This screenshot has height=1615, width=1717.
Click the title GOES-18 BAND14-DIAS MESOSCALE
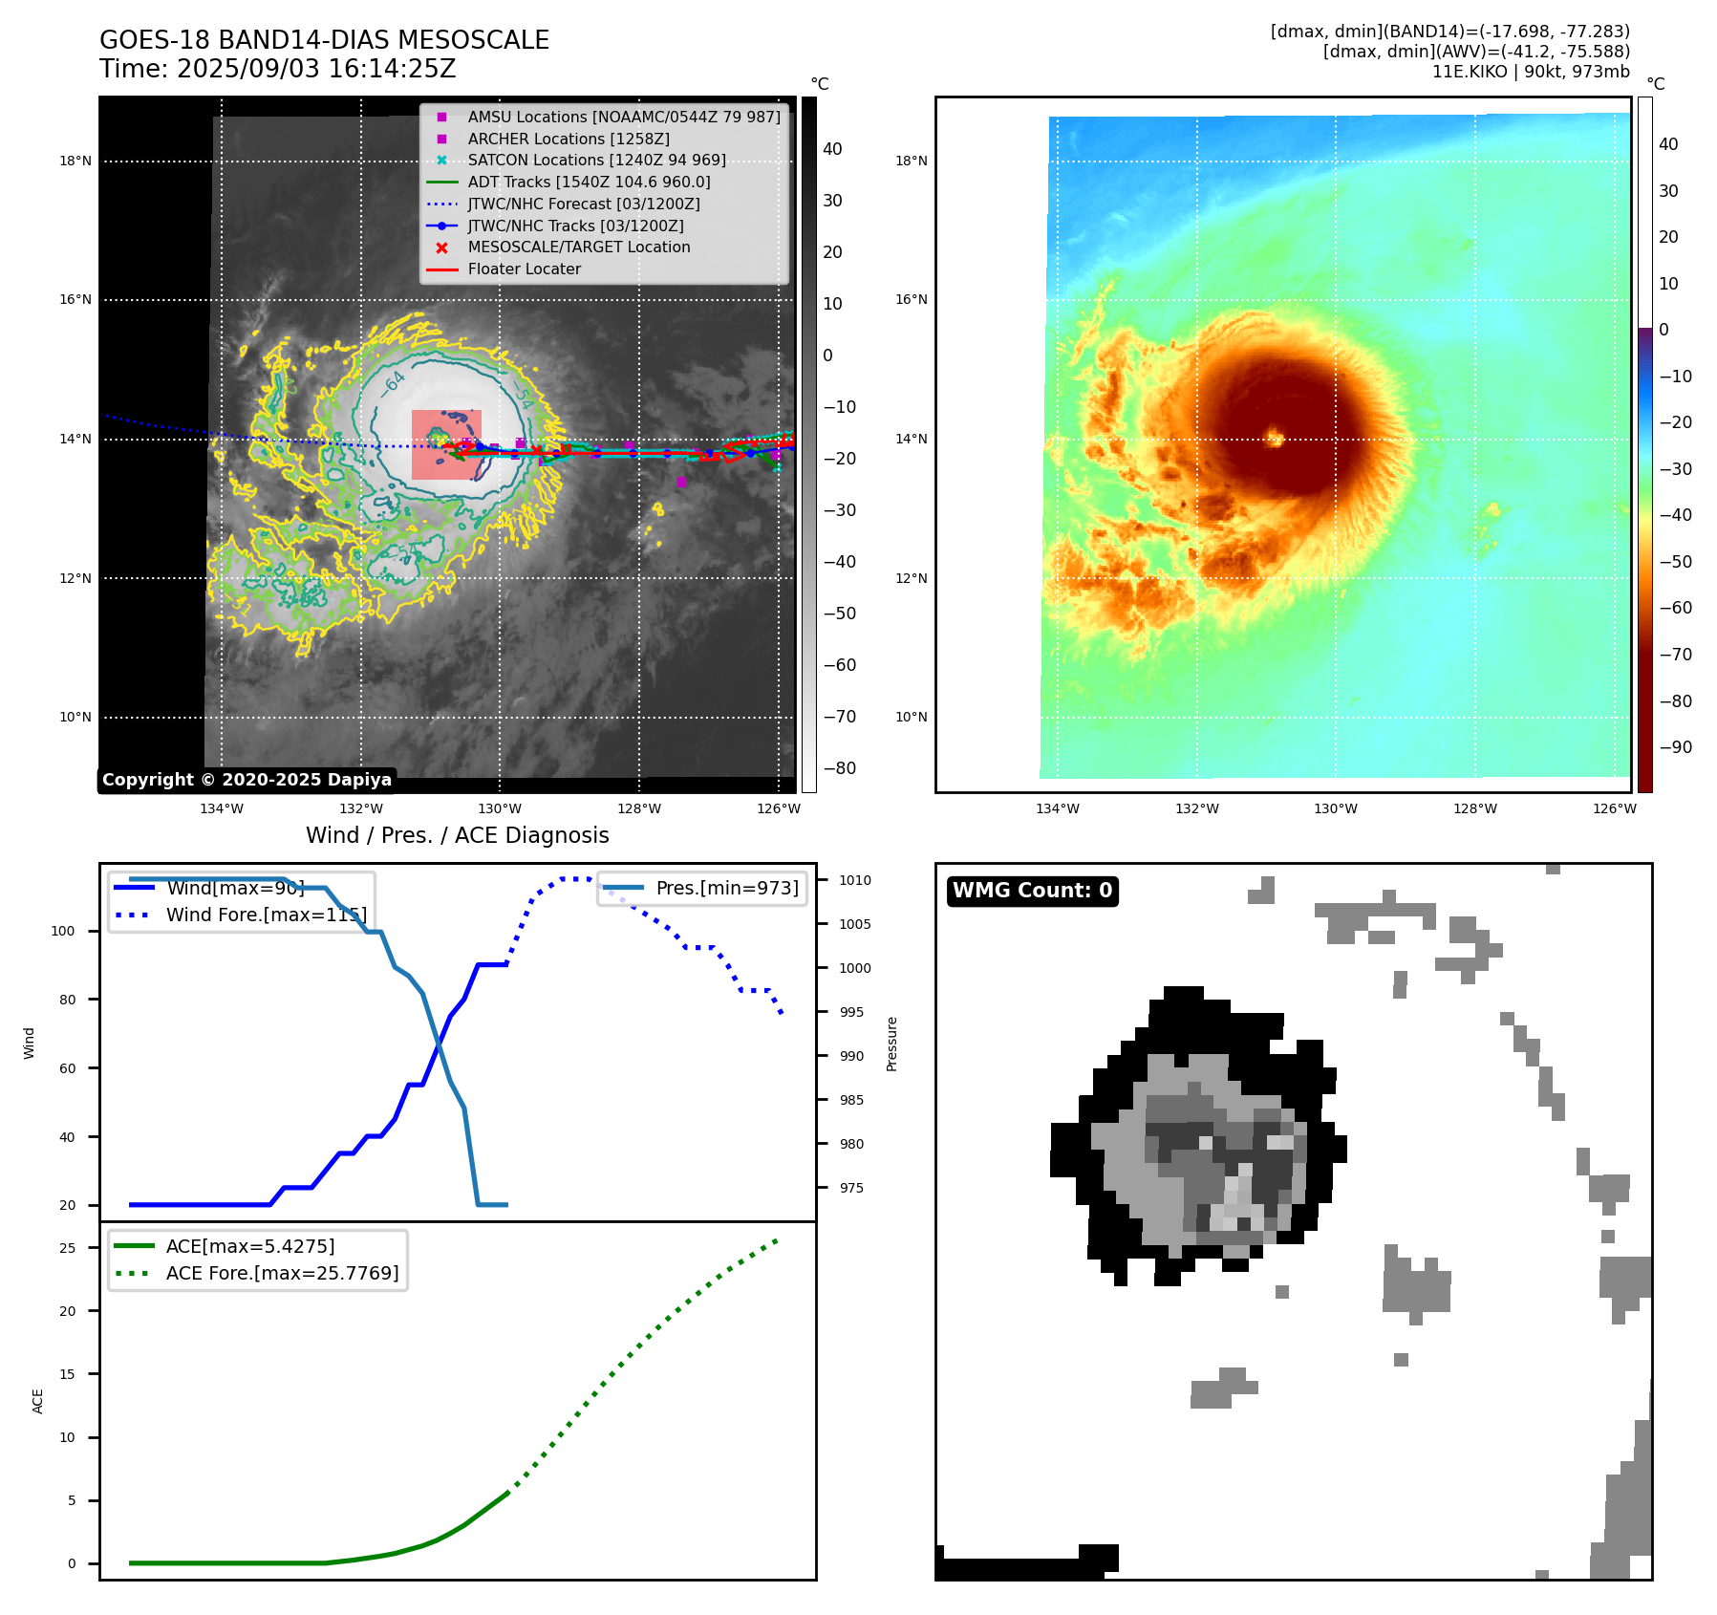pyautogui.click(x=324, y=40)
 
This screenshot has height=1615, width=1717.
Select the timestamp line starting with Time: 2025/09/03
pyautogui.click(x=277, y=69)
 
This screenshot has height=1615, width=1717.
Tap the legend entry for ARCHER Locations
pyautogui.click(x=568, y=139)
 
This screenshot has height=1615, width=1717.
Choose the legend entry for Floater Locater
pyautogui.click(x=524, y=269)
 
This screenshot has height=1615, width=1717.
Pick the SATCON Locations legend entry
pyautogui.click(x=596, y=160)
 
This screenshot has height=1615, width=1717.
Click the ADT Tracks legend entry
pyautogui.click(x=589, y=182)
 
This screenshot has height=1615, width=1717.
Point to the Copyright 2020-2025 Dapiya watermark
pyautogui.click(x=247, y=780)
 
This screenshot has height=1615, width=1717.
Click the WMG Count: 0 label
pyautogui.click(x=1032, y=891)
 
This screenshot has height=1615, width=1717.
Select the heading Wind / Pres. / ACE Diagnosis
pyautogui.click(x=457, y=835)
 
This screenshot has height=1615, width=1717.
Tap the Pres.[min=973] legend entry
pyautogui.click(x=726, y=888)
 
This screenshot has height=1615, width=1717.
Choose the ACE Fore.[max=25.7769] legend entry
pyautogui.click(x=282, y=1273)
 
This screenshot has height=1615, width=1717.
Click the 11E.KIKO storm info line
pyautogui.click(x=1531, y=72)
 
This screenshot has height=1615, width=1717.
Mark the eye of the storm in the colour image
pyautogui.click(x=1274, y=438)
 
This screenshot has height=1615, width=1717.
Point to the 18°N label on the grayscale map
pyautogui.click(x=75, y=161)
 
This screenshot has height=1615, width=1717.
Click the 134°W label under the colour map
pyautogui.click(x=1057, y=808)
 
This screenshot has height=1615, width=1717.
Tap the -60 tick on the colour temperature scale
pyautogui.click(x=1675, y=608)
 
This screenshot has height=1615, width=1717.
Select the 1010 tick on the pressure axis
pyautogui.click(x=855, y=880)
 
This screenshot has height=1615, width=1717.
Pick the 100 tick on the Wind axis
pyautogui.click(x=62, y=931)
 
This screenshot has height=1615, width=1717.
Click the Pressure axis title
pyautogui.click(x=891, y=1044)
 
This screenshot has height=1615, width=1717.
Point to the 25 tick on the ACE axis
pyautogui.click(x=67, y=1248)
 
